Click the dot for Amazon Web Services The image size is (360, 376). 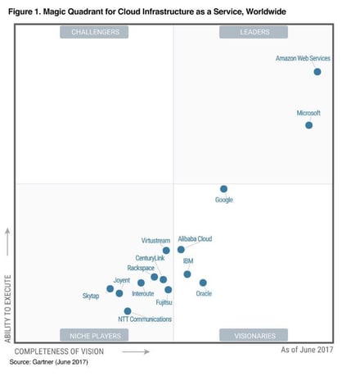point(317,72)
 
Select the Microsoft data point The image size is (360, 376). point(308,125)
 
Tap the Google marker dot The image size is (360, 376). point(223,188)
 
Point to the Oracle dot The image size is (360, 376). point(203,283)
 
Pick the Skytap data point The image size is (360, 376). point(110,288)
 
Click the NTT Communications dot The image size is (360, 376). point(128,310)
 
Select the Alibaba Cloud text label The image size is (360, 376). point(195,239)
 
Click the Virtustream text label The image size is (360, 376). point(155,241)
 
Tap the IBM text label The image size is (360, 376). point(188,261)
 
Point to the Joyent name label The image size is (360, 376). point(121,281)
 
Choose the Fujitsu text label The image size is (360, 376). point(164,301)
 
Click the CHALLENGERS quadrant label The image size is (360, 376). point(95,32)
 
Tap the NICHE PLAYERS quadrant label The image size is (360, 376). point(95,335)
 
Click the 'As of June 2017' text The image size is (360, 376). point(308,351)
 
